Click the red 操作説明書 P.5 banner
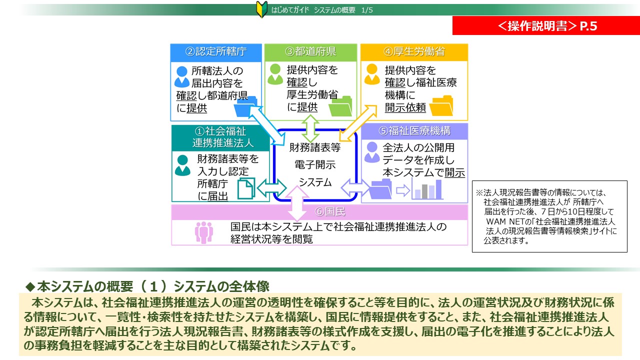tap(546, 25)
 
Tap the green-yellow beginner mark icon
tap(261, 9)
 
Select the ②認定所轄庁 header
tap(216, 51)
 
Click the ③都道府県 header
tap(310, 51)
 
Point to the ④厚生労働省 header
tap(414, 51)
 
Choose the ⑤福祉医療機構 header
tap(414, 131)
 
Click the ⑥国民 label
tap(330, 211)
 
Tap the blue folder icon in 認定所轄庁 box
tap(245, 106)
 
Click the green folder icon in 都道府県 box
tap(340, 106)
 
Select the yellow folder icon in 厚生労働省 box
tap(441, 105)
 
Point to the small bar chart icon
tap(427, 189)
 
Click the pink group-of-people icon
tap(203, 232)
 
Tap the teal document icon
tap(246, 188)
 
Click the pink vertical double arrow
tap(297, 203)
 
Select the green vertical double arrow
tap(310, 128)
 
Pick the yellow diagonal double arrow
tap(358, 123)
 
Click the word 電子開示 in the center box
tap(315, 165)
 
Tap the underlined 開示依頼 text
tap(405, 107)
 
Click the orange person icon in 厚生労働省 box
tap(371, 74)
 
